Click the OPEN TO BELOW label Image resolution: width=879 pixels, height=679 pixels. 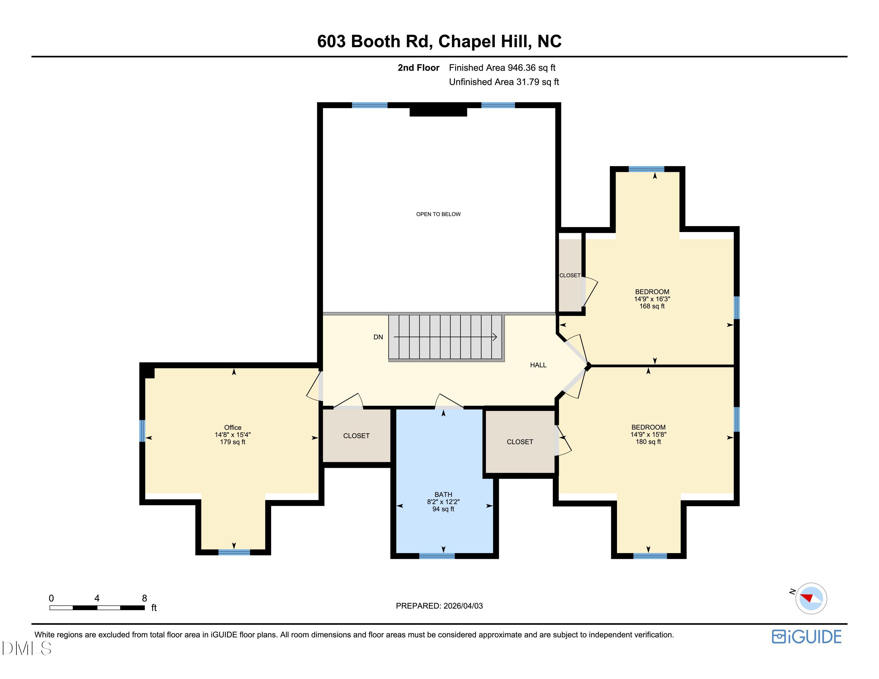(438, 214)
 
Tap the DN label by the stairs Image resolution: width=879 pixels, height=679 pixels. (378, 337)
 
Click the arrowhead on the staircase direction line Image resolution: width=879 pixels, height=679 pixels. (495, 337)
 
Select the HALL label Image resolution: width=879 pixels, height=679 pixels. (538, 365)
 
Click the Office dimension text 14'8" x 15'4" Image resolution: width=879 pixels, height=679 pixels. (233, 435)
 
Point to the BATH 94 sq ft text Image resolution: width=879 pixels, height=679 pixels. (443, 509)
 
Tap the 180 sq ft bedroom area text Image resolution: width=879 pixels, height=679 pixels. (648, 442)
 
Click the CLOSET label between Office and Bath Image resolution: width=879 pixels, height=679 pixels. (356, 436)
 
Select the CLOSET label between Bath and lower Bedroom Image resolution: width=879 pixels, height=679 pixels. (520, 442)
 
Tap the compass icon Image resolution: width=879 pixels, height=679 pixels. (811, 598)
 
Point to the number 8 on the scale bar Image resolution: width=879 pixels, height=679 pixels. (144, 598)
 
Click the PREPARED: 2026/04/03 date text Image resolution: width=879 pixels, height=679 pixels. (439, 606)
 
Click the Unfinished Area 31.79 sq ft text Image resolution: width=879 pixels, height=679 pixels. (504, 82)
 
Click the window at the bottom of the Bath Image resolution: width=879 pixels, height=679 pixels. (437, 556)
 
